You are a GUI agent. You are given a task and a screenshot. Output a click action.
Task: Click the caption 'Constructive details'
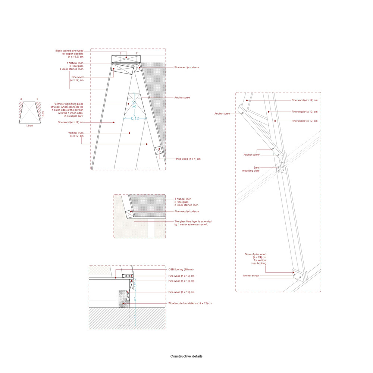tap(186, 356)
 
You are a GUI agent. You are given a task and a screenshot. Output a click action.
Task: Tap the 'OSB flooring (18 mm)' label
tap(181, 269)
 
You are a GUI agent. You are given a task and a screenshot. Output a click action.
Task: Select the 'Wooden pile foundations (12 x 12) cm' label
tap(190, 303)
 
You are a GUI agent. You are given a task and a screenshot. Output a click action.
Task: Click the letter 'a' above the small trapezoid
tap(21, 99)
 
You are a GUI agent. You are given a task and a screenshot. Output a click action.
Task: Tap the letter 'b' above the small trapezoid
tap(37, 99)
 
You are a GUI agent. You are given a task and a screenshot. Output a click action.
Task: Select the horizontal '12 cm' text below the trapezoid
tap(29, 126)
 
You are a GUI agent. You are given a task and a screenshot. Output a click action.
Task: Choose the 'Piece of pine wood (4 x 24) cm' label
tap(255, 258)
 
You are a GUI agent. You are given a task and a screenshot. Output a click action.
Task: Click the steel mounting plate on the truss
tap(281, 170)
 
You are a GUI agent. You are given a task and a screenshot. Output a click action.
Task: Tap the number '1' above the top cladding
tap(120, 53)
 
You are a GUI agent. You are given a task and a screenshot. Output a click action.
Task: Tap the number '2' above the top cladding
tap(137, 53)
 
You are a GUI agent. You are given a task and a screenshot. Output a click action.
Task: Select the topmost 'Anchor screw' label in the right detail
tap(222, 113)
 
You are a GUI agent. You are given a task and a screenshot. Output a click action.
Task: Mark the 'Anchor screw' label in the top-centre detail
tap(182, 98)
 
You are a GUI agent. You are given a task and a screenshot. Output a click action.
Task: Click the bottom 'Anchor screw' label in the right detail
tap(251, 276)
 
